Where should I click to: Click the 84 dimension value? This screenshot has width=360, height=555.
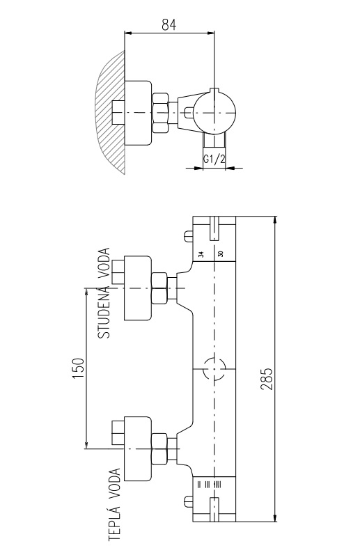pos(169,24)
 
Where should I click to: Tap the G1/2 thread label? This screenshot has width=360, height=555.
pos(214,159)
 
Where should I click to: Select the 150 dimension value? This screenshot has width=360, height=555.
pos(78,368)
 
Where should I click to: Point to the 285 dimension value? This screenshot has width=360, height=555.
pos(267,379)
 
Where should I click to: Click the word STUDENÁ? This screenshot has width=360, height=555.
pos(104,315)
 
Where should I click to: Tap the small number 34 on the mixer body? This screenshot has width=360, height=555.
pos(201,253)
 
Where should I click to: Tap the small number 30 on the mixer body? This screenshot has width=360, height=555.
pos(221,253)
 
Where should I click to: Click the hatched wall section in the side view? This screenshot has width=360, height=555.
pos(111,113)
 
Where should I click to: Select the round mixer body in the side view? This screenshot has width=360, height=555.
pos(214,114)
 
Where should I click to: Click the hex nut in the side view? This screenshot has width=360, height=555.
pos(160,113)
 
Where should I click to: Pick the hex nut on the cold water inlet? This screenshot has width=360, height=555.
pos(159,288)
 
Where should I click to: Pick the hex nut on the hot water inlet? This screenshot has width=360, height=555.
pos(159,449)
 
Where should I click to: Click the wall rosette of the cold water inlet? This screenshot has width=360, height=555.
pos(138,288)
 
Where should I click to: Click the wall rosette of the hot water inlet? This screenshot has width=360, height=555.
pos(138,449)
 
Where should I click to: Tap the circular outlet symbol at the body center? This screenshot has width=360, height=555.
pos(214,369)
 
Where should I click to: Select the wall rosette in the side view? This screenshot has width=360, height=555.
pos(139,113)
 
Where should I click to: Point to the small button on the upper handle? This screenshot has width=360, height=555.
pos(188,236)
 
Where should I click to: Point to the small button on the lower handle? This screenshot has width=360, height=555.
pos(188,501)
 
